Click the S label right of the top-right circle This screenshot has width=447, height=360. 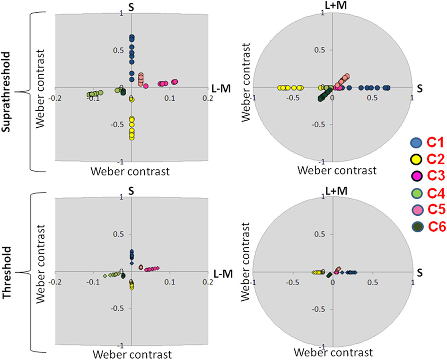click(419, 89)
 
